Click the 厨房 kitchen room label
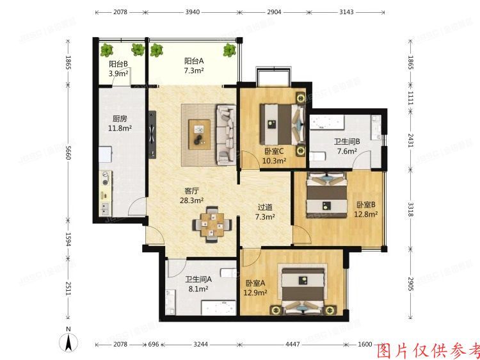click(120, 119)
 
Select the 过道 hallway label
click(265, 207)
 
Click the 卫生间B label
click(346, 142)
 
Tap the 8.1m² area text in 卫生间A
click(198, 288)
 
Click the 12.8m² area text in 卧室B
click(365, 214)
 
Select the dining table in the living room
click(212, 224)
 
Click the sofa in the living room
click(226, 134)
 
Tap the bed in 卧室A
click(305, 291)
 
